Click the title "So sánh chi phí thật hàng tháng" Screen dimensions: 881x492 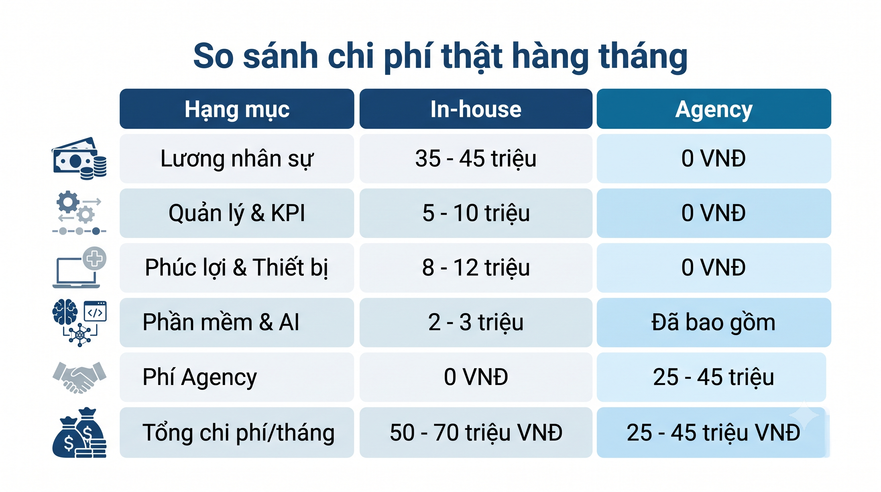pyautogui.click(x=440, y=56)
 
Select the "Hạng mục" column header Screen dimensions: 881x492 pyautogui.click(x=237, y=109)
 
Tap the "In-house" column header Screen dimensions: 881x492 pyautogui.click(x=476, y=109)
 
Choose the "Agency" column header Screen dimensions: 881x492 pyautogui.click(x=714, y=109)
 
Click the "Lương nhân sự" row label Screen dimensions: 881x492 pyautogui.click(x=237, y=159)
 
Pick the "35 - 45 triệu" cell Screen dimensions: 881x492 pyautogui.click(x=476, y=159)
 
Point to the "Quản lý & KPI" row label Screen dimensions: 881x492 pyautogui.click(x=237, y=213)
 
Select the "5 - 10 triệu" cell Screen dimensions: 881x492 pyautogui.click(x=476, y=213)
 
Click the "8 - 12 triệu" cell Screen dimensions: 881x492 pyautogui.click(x=476, y=267)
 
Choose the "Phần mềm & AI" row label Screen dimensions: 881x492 pyautogui.click(x=221, y=322)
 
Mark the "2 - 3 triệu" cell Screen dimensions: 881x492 pyautogui.click(x=476, y=322)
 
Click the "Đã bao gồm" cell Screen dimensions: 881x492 pyautogui.click(x=714, y=322)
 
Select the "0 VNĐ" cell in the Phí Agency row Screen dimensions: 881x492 pyautogui.click(x=476, y=377)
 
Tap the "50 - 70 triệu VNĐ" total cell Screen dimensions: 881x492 pyautogui.click(x=476, y=432)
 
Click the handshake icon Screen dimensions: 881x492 pyautogui.click(x=80, y=377)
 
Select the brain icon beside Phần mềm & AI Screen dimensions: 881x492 pyautogui.click(x=65, y=312)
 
